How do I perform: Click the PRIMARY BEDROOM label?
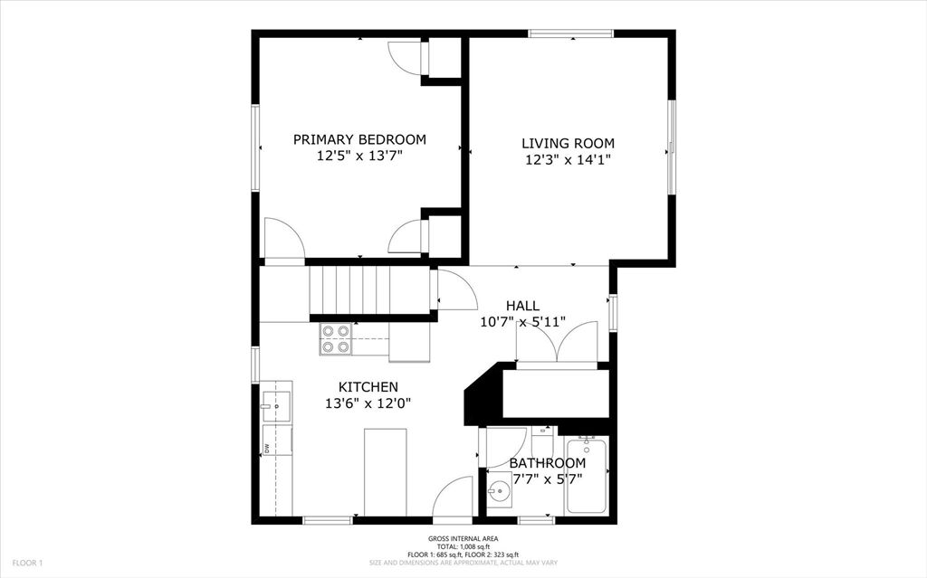[x=359, y=139]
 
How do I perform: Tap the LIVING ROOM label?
[x=568, y=143]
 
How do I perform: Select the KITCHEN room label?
[x=368, y=387]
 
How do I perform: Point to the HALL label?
[x=522, y=306]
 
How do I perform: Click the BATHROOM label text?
[x=548, y=463]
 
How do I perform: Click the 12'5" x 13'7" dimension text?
[x=359, y=156]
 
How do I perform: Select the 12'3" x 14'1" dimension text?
[x=568, y=159]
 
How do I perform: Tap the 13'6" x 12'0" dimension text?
[x=368, y=403]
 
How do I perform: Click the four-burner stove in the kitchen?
[x=336, y=338]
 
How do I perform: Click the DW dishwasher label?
[x=267, y=448]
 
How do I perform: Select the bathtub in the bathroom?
[x=587, y=475]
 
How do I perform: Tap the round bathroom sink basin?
[x=500, y=490]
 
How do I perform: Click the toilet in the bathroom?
[x=542, y=441]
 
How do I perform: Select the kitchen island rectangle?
[x=386, y=473]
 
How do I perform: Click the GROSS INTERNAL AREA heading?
[x=463, y=538]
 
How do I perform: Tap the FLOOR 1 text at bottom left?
[x=27, y=564]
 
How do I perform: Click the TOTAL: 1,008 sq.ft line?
[x=463, y=546]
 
